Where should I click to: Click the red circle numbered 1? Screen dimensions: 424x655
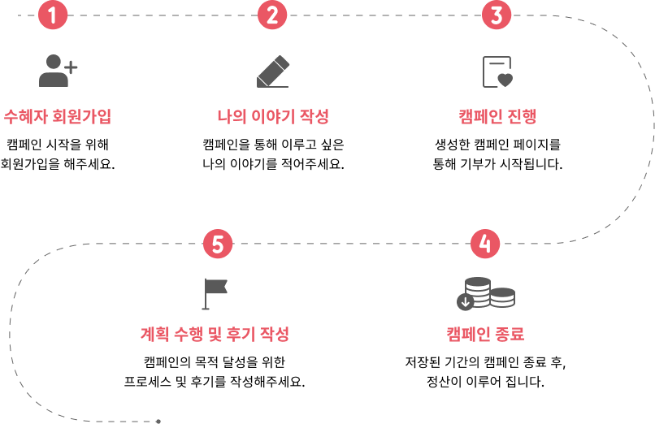click(53, 15)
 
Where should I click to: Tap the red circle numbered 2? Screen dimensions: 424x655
click(272, 15)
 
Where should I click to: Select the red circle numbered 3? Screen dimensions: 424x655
click(497, 15)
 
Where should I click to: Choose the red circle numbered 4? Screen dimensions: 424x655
click(485, 244)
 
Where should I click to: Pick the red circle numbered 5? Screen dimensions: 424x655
click(218, 244)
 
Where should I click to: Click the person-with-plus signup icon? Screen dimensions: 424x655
click(57, 71)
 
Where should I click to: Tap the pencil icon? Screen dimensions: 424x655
click(273, 71)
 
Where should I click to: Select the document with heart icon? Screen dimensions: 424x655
click(497, 71)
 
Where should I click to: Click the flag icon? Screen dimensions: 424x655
click(215, 293)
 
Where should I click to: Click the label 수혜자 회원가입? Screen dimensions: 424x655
click(57, 116)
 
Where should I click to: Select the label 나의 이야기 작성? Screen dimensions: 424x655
click(273, 116)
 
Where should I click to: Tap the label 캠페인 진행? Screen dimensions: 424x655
click(497, 116)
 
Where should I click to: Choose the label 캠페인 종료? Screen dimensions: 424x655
click(485, 334)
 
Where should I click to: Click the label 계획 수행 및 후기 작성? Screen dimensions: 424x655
click(215, 334)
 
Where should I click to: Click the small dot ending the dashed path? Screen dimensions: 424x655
click(158, 422)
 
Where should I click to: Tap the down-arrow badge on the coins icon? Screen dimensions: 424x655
click(466, 302)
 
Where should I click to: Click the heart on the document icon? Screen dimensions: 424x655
click(505, 80)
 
